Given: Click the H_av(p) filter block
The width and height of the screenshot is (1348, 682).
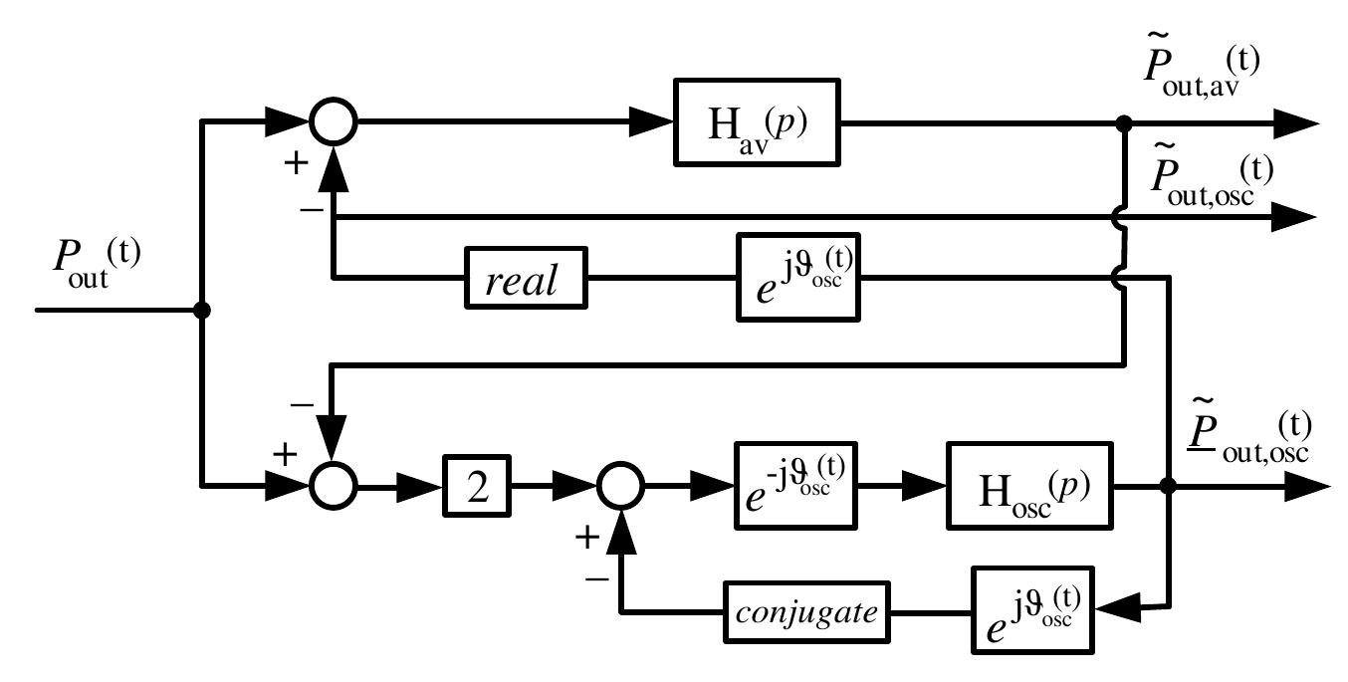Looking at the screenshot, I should click(757, 122).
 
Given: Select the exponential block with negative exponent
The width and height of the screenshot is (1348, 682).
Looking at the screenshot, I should click(796, 487).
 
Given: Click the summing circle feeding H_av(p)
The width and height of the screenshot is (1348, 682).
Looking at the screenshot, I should click(333, 122).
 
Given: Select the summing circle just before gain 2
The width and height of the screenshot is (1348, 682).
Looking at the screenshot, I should click(333, 487).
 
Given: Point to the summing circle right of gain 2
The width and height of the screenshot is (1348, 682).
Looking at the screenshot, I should click(620, 487).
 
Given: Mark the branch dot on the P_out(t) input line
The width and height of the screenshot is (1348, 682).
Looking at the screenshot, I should click(202, 311).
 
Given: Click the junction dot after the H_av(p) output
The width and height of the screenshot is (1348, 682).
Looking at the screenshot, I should click(1124, 122).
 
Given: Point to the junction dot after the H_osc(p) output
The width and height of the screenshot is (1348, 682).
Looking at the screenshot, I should click(1169, 487).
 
